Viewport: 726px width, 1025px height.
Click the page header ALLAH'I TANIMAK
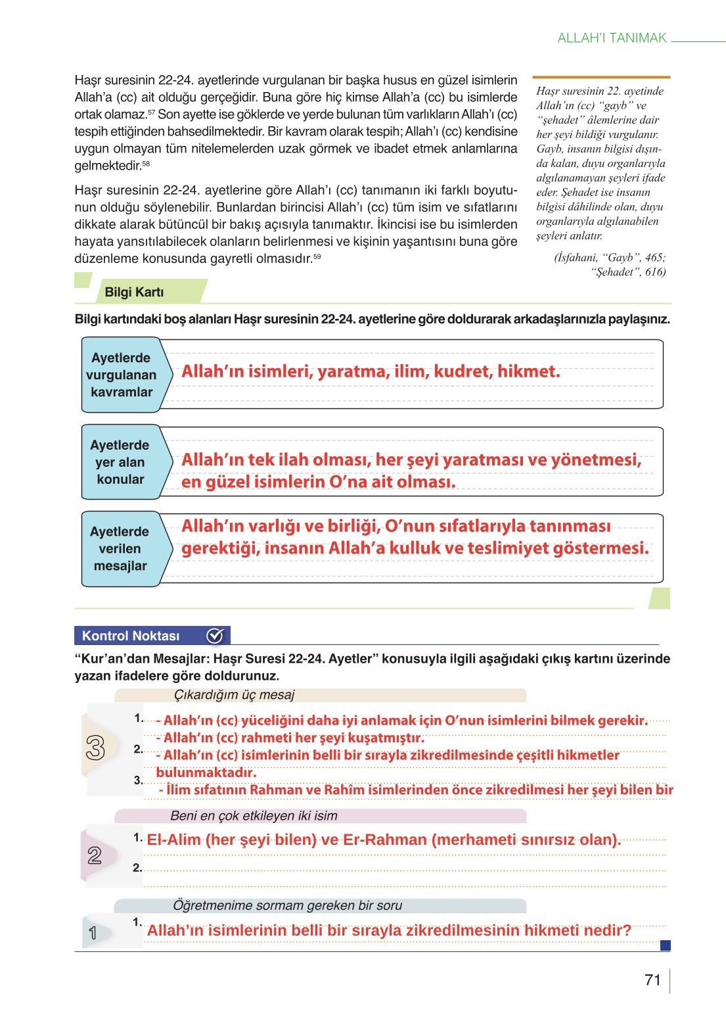click(x=612, y=38)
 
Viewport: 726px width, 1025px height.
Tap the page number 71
click(x=652, y=980)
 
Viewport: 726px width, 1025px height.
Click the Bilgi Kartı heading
click(x=134, y=292)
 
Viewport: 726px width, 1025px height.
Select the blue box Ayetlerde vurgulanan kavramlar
click(x=121, y=375)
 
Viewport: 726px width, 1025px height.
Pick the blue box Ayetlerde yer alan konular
click(x=120, y=462)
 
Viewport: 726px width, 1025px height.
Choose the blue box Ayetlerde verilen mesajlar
click(x=120, y=548)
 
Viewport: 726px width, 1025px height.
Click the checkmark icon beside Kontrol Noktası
click(x=215, y=636)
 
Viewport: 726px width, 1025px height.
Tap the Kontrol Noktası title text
click(x=131, y=636)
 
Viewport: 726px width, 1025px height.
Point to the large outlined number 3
click(x=95, y=748)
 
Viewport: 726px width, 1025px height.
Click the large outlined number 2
click(x=95, y=855)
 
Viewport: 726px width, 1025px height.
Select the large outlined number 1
click(x=93, y=933)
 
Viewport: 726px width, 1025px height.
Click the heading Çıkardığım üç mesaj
click(x=234, y=695)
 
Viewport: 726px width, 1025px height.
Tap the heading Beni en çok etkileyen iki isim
click(x=254, y=816)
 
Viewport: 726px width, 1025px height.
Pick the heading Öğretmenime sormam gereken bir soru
click(x=287, y=905)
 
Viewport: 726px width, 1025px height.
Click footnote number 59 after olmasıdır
click(x=317, y=256)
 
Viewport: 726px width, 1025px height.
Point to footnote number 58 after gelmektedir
click(x=146, y=163)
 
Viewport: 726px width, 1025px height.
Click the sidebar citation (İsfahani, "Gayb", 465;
click(x=609, y=257)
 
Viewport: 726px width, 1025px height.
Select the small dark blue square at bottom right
click(x=665, y=945)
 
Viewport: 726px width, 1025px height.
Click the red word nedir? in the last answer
click(x=607, y=930)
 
